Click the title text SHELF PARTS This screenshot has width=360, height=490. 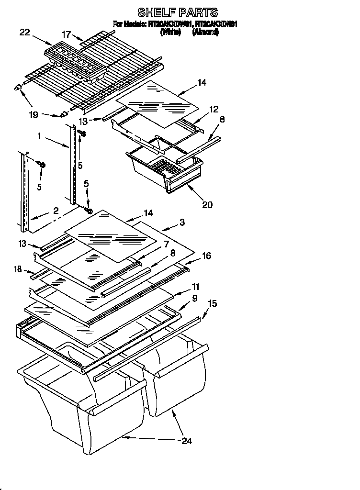177,12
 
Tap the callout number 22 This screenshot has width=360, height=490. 24,33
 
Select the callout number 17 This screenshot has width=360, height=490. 66,34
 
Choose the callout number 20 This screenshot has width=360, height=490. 207,204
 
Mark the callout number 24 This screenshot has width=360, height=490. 187,441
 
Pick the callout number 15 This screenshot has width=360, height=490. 212,303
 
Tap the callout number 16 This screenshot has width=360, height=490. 206,256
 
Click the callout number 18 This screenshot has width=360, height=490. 18,270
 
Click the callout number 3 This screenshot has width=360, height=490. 182,222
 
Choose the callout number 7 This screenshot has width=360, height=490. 167,244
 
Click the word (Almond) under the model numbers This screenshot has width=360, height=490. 205,33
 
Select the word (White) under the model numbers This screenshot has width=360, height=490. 170,33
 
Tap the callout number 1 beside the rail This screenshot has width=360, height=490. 39,137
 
